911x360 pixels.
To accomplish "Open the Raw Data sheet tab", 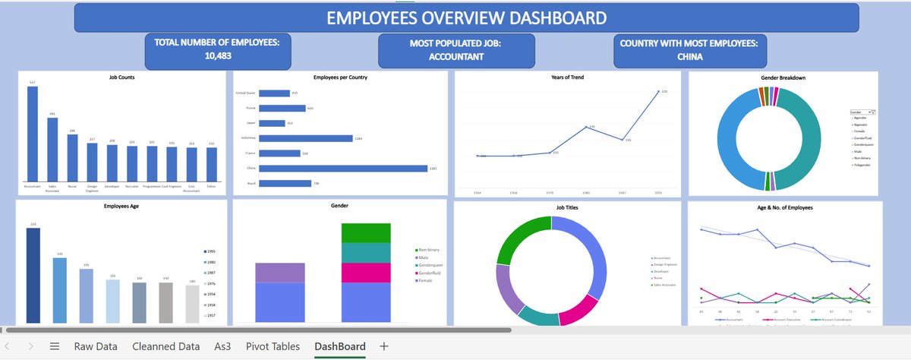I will point(96,346).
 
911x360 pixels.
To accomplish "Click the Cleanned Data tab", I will point(165,346).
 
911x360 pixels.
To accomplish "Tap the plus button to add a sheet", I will point(384,346).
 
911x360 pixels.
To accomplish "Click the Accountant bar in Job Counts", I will point(33,134).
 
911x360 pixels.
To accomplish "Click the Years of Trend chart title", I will point(567,78).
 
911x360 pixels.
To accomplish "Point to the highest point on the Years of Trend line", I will point(657,92).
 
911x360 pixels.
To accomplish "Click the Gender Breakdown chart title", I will point(783,78).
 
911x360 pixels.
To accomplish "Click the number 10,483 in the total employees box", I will point(218,56).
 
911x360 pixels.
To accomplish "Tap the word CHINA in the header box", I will point(689,56).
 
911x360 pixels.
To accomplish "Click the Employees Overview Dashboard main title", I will point(466,17).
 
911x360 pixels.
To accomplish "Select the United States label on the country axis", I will point(246,93).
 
